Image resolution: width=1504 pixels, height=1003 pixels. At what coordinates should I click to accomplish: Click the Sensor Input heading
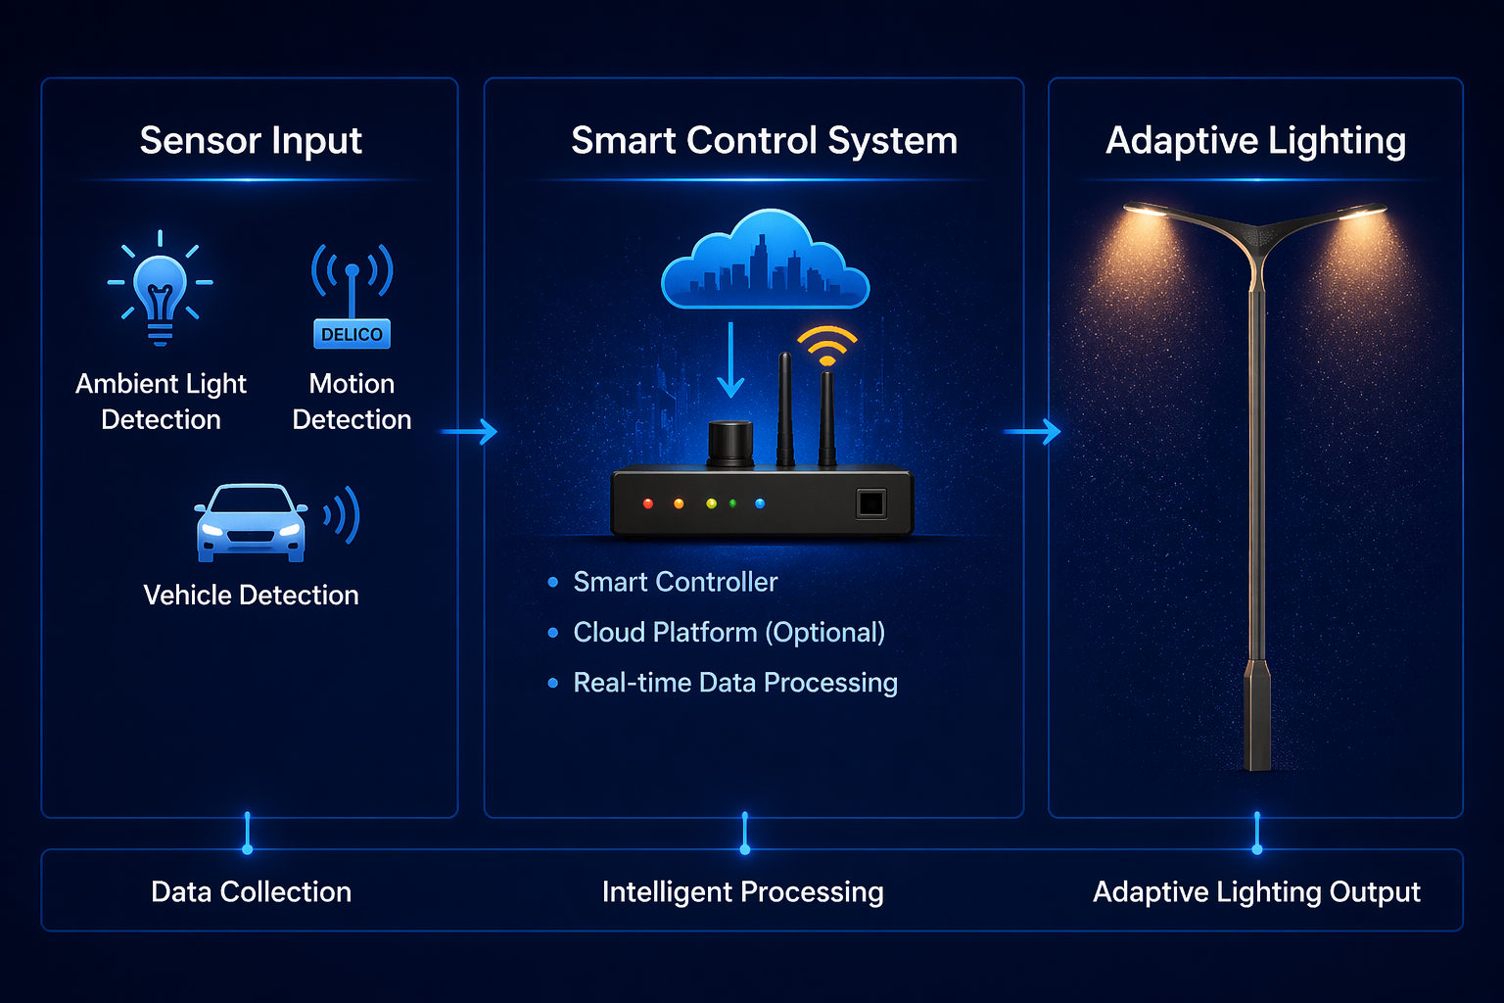(251, 140)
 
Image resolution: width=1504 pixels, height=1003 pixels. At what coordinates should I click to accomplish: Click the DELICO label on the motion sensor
(352, 334)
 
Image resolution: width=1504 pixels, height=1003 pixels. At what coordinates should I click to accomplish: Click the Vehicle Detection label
(251, 595)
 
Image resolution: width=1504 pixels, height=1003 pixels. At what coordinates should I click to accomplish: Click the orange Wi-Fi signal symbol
(826, 346)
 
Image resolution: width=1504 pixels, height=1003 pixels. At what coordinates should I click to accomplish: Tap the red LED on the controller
(647, 503)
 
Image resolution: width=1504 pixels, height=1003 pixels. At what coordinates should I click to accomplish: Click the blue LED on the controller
(760, 503)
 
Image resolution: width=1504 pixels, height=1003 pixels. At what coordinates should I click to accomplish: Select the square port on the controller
(870, 503)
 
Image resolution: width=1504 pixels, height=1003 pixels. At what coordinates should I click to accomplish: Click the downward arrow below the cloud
(730, 361)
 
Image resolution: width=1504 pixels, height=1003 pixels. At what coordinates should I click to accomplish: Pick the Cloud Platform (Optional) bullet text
(728, 632)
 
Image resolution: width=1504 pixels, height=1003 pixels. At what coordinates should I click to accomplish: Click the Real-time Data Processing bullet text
(734, 682)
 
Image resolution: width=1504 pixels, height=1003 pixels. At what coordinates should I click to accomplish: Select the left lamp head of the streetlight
(1149, 210)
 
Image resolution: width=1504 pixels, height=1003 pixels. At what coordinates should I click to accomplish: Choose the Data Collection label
(251, 891)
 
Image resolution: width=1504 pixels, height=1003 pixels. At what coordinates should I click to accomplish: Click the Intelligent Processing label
(742, 891)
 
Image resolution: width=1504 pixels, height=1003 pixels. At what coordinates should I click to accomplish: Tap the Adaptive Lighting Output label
(1256, 891)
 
